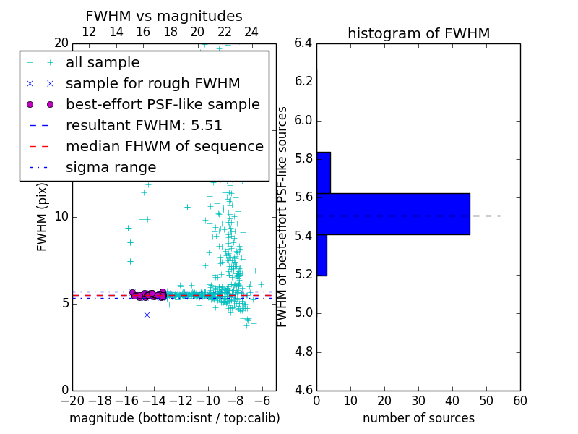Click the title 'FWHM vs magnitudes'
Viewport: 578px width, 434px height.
coord(163,16)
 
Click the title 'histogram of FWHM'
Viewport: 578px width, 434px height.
coord(418,33)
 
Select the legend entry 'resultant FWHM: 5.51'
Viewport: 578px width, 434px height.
coord(144,125)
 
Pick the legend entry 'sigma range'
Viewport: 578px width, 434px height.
coord(111,167)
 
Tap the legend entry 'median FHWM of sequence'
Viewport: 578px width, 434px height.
coord(164,146)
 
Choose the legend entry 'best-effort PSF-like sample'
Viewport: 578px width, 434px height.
coord(163,104)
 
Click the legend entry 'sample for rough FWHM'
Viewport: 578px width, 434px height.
coord(152,83)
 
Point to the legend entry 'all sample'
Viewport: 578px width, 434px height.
coord(103,62)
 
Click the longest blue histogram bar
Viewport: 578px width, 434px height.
coord(393,214)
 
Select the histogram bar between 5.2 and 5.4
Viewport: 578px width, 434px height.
coord(322,255)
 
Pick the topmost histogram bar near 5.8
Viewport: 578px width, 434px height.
coord(323,173)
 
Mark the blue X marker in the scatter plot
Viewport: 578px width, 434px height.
coord(147,315)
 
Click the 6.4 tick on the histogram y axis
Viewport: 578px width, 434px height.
coord(303,43)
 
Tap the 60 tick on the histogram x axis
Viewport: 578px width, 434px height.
coord(519,401)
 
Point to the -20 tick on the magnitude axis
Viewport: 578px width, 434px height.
coord(72,401)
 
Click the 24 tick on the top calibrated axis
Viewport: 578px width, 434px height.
coord(251,32)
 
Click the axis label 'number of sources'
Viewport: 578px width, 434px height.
coord(418,418)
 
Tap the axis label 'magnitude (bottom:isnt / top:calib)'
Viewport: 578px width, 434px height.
coord(174,418)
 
